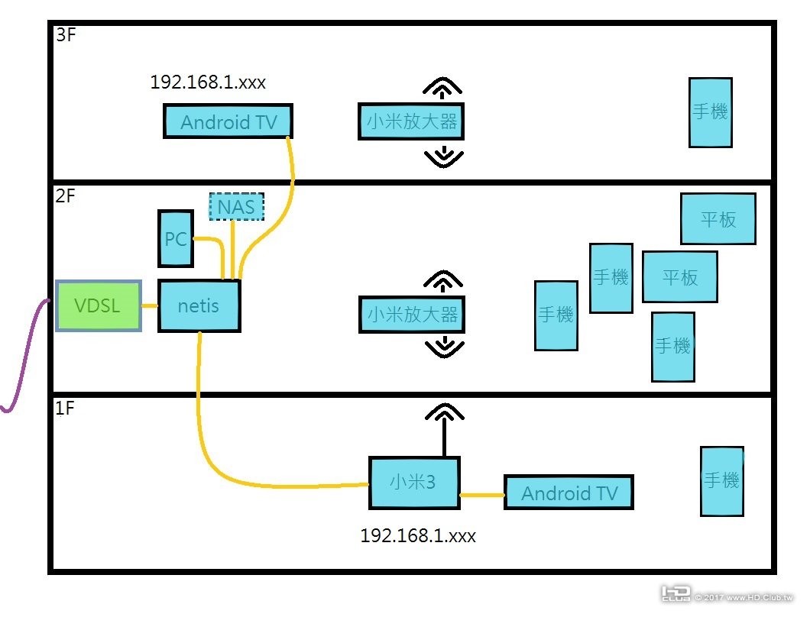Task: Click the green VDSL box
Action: click(x=99, y=305)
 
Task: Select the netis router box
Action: click(x=199, y=305)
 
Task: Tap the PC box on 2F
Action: click(x=175, y=238)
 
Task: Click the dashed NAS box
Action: click(x=236, y=206)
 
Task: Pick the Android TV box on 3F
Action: click(x=228, y=121)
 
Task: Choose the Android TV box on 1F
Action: click(x=569, y=493)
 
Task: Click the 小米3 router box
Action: click(x=414, y=483)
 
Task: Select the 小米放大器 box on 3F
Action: click(x=411, y=121)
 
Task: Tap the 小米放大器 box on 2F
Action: click(x=411, y=314)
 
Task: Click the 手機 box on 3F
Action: click(x=710, y=112)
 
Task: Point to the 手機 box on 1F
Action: click(x=721, y=481)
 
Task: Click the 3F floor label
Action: click(x=66, y=36)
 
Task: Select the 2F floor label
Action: click(x=66, y=196)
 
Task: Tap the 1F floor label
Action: click(x=66, y=409)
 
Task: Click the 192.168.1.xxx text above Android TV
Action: click(x=208, y=82)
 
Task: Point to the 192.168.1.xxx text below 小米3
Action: click(x=418, y=536)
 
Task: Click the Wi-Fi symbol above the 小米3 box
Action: click(x=443, y=413)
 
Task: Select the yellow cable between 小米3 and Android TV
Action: click(x=482, y=495)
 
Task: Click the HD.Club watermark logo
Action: click(x=676, y=594)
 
